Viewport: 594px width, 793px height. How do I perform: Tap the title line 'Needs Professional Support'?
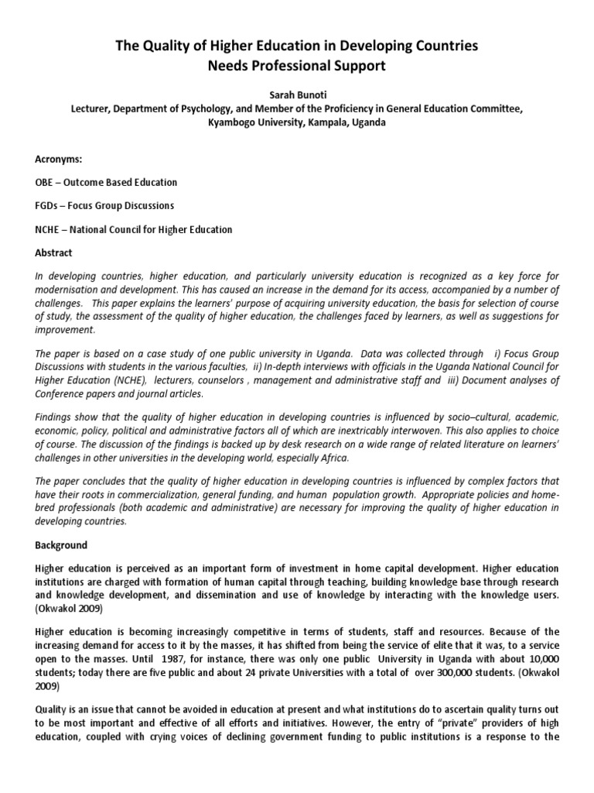(x=296, y=66)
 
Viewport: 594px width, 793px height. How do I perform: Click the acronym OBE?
(x=46, y=183)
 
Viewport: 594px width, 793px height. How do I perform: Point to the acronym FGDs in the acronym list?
(x=48, y=206)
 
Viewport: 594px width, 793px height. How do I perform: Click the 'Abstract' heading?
(x=55, y=252)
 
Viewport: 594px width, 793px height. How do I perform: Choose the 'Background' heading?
(x=61, y=544)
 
